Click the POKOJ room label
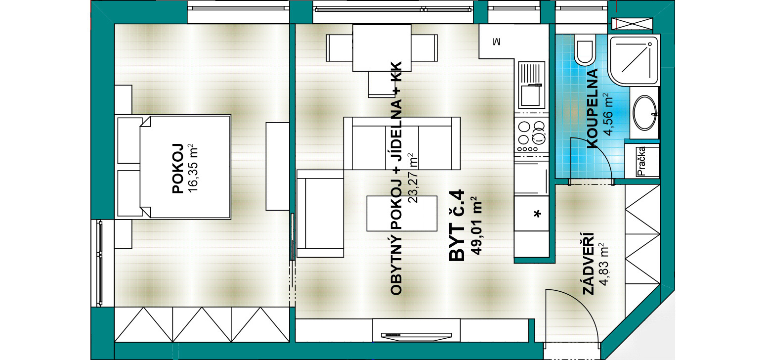click(178, 168)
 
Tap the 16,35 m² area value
click(193, 168)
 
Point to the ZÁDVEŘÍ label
click(588, 264)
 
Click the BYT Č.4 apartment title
click(457, 226)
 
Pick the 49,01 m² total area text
click(476, 226)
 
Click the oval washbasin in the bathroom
click(645, 113)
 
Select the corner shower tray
click(634, 60)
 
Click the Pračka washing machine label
click(641, 161)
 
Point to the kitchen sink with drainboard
click(531, 85)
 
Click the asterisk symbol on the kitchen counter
click(538, 214)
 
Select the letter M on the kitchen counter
click(497, 42)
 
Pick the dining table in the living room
click(382, 48)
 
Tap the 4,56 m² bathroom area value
click(608, 114)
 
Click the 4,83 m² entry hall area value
click(604, 264)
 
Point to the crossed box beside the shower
click(632, 24)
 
